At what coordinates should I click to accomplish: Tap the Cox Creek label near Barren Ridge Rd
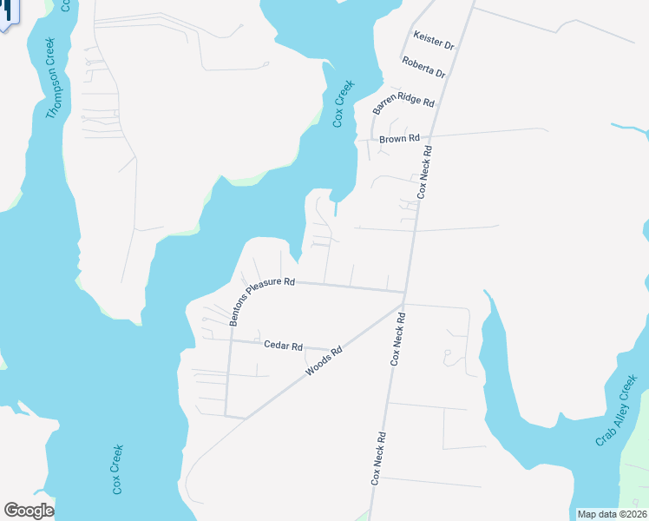tap(344, 103)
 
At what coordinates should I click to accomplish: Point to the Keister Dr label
tap(435, 41)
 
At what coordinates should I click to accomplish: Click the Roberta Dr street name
tap(423, 67)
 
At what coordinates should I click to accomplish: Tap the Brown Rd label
tap(400, 138)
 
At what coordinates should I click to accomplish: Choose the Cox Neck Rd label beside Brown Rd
tap(424, 172)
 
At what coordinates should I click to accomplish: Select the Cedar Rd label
tap(283, 346)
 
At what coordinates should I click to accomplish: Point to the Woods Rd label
tap(324, 361)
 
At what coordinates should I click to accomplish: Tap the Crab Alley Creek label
tap(617, 411)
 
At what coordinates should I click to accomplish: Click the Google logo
tap(29, 511)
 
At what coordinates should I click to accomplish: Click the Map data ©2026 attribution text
tap(612, 514)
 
